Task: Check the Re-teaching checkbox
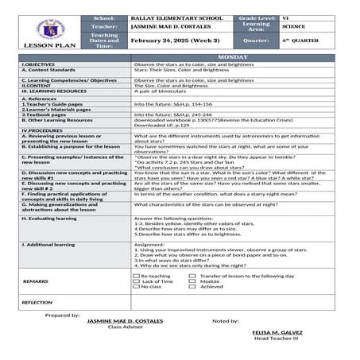tap(136, 275)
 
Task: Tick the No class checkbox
tap(136, 286)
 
